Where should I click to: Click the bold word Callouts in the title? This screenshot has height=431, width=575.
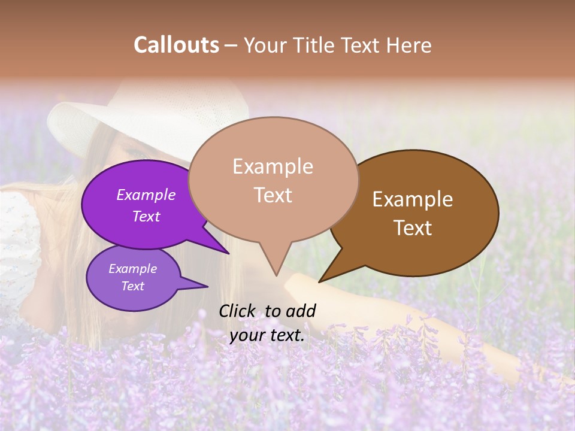(x=176, y=45)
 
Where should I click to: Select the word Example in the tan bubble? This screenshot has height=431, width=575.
(x=273, y=166)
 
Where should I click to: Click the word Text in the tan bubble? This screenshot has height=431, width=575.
(x=273, y=195)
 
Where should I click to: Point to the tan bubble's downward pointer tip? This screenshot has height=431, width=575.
(x=276, y=275)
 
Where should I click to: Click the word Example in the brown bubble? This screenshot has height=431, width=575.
(x=413, y=199)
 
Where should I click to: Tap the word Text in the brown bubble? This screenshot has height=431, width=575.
(x=413, y=228)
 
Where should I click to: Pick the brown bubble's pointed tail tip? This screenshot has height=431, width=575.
(x=319, y=281)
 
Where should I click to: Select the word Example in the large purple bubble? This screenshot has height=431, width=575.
(x=146, y=195)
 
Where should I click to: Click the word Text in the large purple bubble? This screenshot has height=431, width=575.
(x=146, y=217)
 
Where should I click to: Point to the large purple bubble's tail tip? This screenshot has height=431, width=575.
(x=228, y=253)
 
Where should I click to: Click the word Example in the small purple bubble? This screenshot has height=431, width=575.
(x=133, y=269)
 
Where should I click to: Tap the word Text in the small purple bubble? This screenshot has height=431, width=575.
(x=133, y=286)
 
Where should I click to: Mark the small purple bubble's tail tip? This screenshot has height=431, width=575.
(x=207, y=286)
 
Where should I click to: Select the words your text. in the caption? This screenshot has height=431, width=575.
(x=267, y=335)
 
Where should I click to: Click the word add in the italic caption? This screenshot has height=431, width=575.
(x=301, y=311)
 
